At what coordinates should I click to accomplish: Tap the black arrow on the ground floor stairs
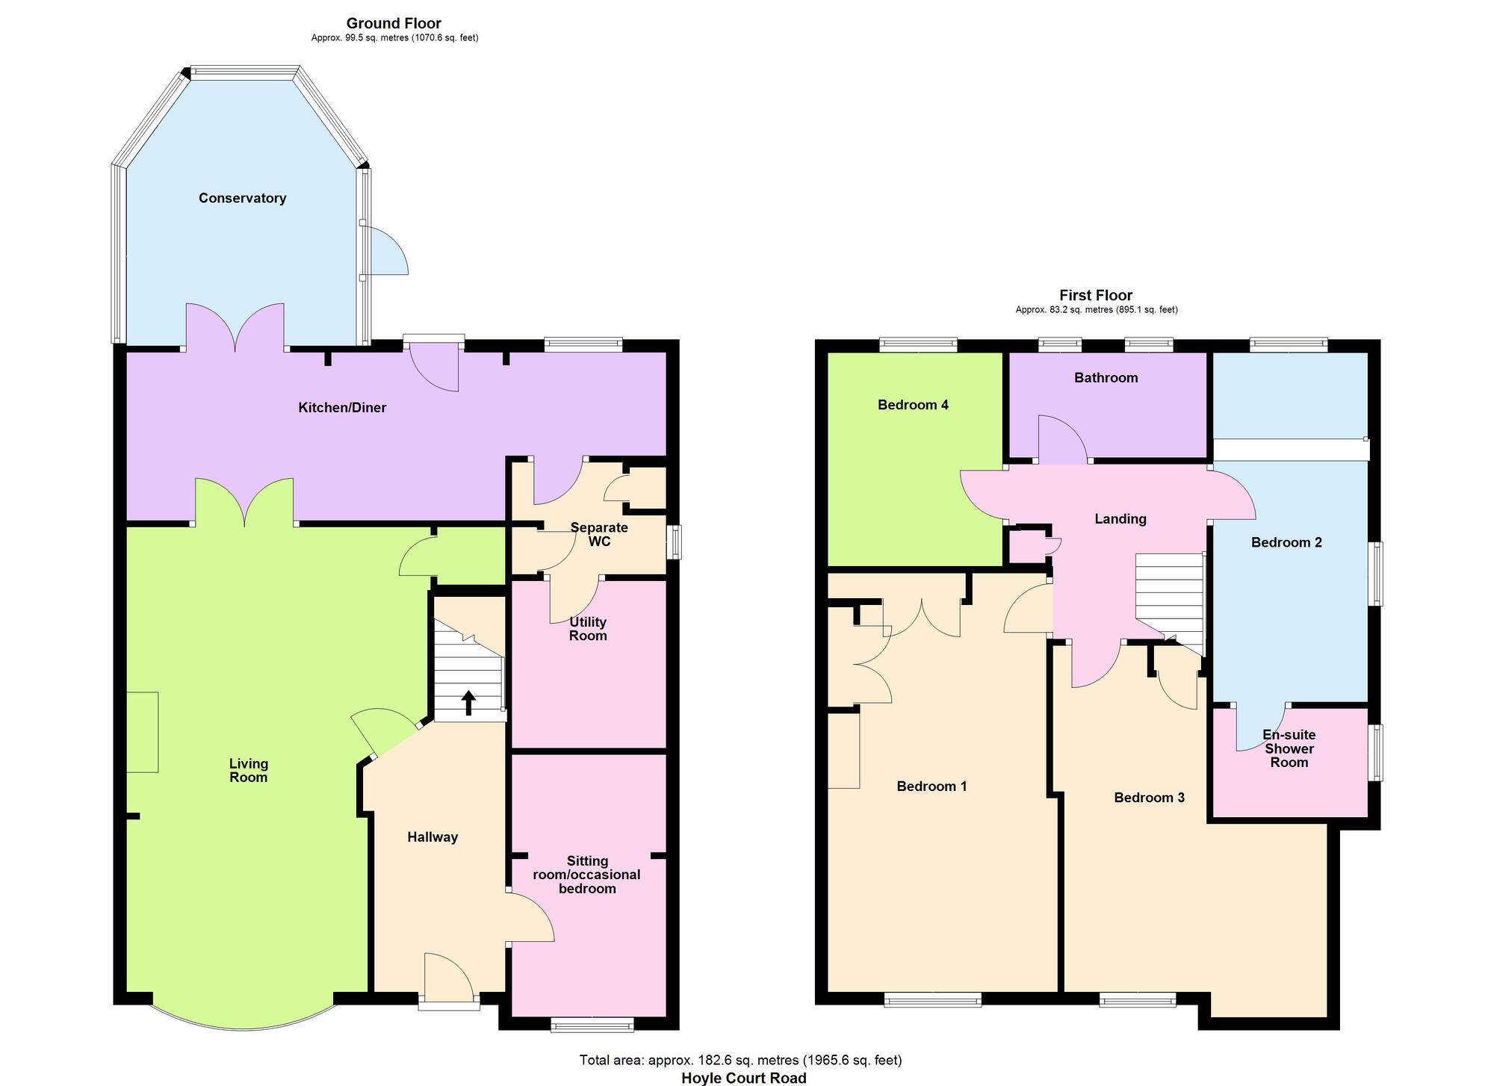click(x=468, y=703)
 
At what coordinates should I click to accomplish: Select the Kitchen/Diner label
click(x=342, y=408)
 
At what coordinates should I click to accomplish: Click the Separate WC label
click(x=599, y=534)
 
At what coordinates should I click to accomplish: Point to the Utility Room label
click(x=588, y=629)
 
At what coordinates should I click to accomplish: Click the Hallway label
click(x=432, y=837)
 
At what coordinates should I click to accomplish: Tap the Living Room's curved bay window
click(x=243, y=1024)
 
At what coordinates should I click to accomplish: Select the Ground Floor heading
click(x=394, y=23)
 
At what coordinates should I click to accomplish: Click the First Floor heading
click(x=1095, y=295)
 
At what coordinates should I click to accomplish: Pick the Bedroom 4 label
click(x=913, y=405)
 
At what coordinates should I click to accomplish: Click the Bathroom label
click(x=1106, y=378)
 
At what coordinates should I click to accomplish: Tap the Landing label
click(x=1120, y=519)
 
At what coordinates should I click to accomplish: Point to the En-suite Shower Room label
click(x=1289, y=748)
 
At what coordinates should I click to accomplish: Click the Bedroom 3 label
click(x=1149, y=798)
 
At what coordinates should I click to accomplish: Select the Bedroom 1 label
click(x=932, y=786)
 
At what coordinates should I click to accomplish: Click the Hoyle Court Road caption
click(x=743, y=1078)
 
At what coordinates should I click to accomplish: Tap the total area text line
click(x=740, y=1060)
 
